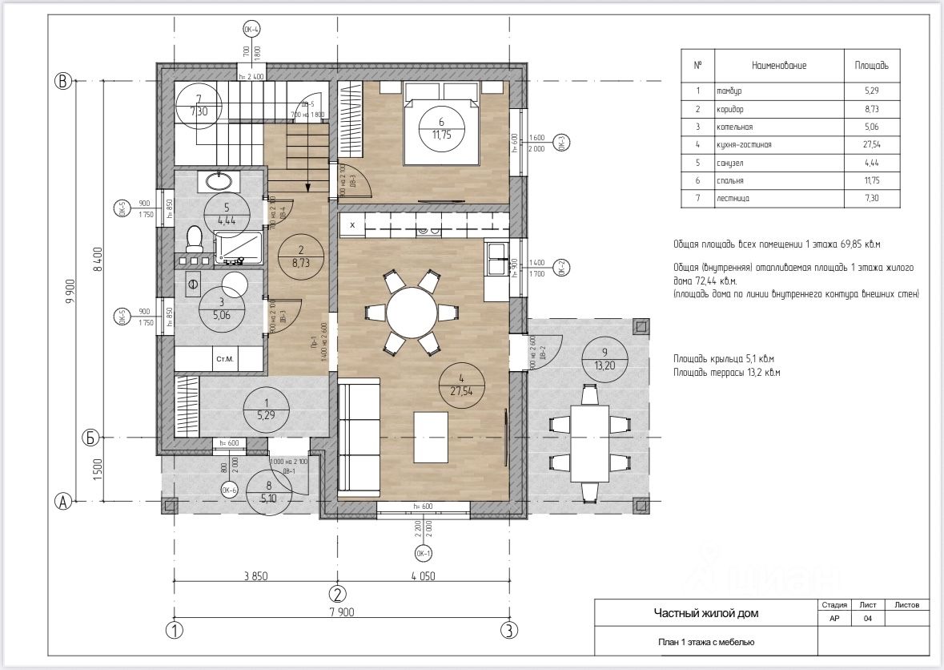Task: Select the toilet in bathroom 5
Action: [x=193, y=239]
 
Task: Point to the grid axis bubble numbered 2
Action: [x=338, y=594]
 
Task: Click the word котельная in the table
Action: [x=735, y=127]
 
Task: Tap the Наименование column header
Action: [x=778, y=65]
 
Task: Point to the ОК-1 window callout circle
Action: [x=423, y=553]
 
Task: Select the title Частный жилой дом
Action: [x=705, y=614]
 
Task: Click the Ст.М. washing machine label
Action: [x=223, y=358]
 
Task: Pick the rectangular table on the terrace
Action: [x=590, y=442]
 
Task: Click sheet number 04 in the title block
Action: [x=869, y=619]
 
